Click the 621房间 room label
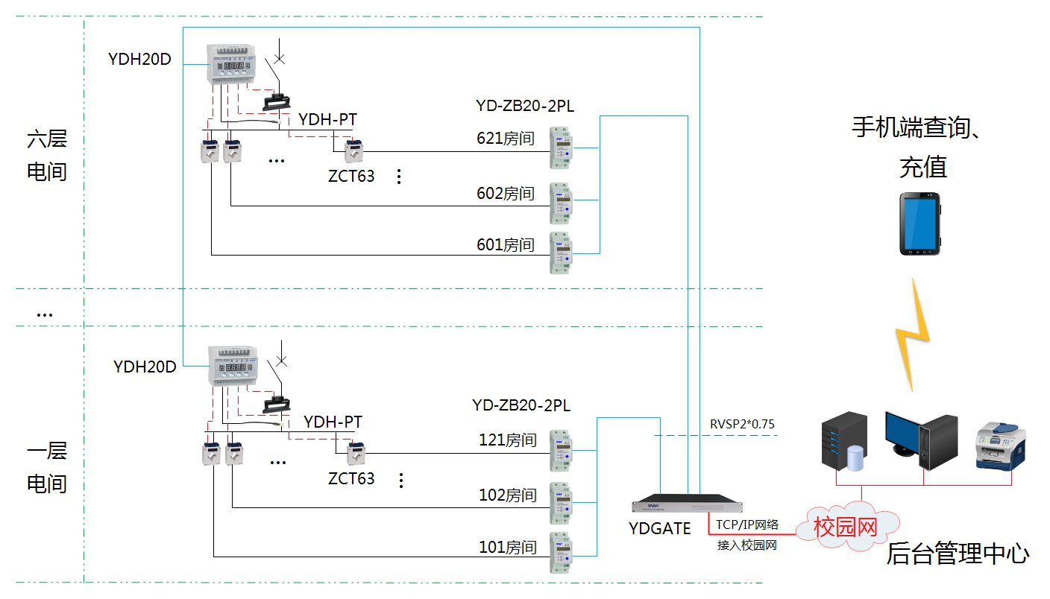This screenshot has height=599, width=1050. tap(506, 139)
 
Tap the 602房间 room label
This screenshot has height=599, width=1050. tap(506, 194)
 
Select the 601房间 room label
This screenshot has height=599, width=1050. tap(506, 244)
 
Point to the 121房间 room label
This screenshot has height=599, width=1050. tap(508, 440)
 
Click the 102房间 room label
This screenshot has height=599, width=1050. tap(508, 495)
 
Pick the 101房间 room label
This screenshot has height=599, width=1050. tap(508, 548)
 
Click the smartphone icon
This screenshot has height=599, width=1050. tap(919, 224)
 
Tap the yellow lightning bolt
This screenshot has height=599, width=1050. tap(914, 335)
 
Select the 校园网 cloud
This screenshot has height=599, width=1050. tap(846, 528)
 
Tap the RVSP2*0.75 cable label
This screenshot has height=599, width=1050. tap(742, 425)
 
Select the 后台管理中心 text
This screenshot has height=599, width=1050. tap(958, 554)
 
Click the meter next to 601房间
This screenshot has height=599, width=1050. tap(560, 253)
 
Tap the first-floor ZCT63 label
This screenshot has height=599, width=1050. tap(351, 478)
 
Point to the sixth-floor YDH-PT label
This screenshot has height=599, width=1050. tap(327, 119)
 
